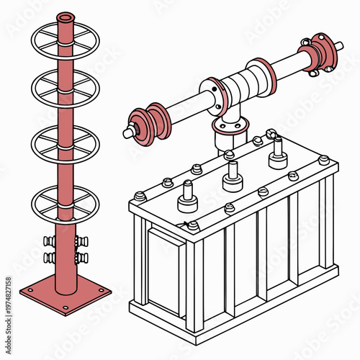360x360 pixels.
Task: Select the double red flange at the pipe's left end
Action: [x=152, y=120]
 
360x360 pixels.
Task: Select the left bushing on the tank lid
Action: [x=188, y=196]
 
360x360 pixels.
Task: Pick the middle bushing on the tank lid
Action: [x=232, y=174]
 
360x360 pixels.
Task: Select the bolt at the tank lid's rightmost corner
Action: [x=324, y=159]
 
